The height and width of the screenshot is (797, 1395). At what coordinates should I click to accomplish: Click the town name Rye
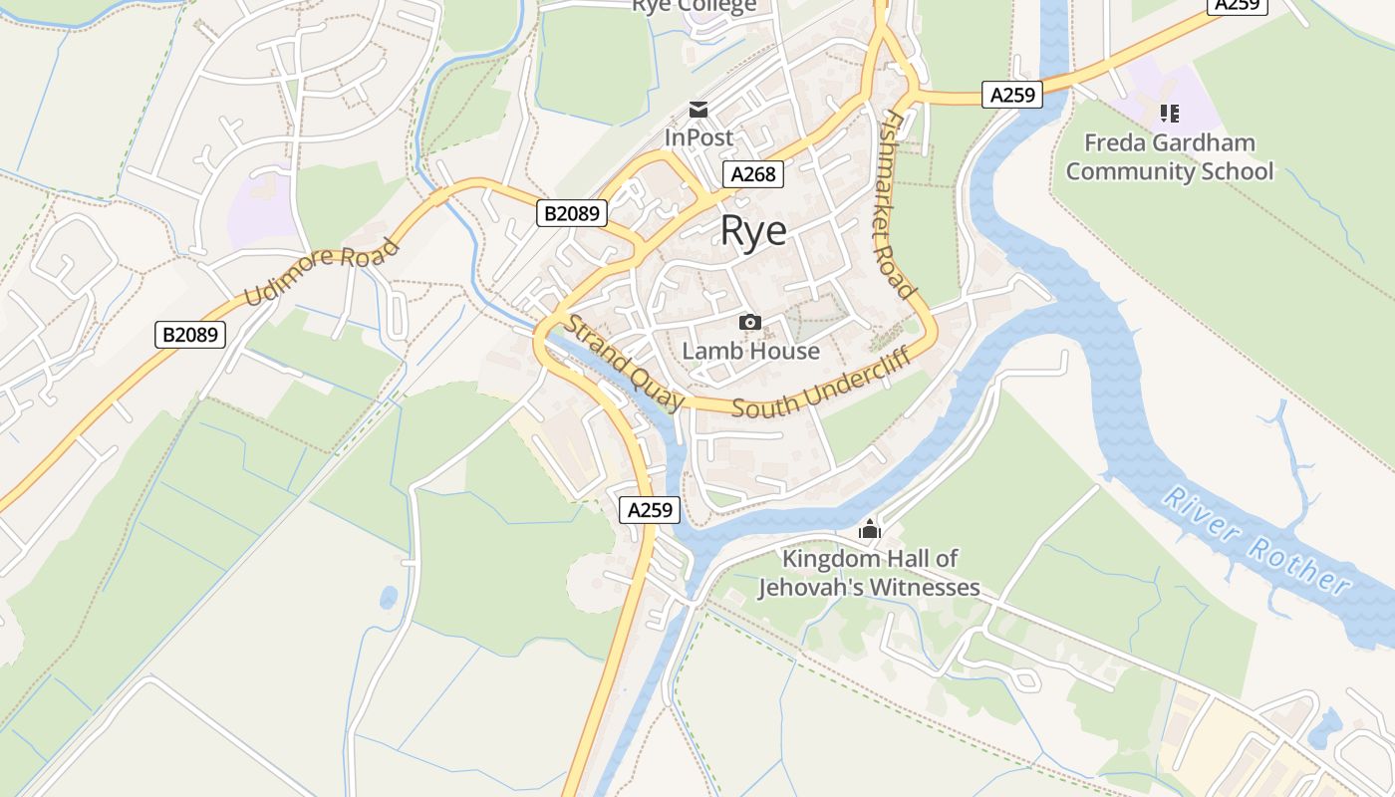[x=753, y=231]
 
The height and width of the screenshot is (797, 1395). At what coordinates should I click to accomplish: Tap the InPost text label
[x=698, y=137]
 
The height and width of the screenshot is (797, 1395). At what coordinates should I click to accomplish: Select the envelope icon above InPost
[x=698, y=110]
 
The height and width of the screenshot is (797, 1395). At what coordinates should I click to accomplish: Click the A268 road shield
[x=752, y=174]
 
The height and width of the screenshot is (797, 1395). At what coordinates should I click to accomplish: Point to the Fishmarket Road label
[x=898, y=203]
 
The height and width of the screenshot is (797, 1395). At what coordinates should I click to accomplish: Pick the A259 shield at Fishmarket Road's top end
[x=1011, y=95]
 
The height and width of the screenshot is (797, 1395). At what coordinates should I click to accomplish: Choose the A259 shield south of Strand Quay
[x=650, y=510]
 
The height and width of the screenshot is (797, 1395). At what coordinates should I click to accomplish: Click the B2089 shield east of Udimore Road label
[x=572, y=212]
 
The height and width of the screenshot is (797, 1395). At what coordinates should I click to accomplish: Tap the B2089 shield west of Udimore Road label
[x=190, y=335]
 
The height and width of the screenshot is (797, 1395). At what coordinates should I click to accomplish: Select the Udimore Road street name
[x=321, y=271]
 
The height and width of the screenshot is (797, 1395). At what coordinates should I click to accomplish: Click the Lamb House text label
[x=750, y=351]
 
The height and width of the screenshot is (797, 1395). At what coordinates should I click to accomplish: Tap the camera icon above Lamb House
[x=750, y=322]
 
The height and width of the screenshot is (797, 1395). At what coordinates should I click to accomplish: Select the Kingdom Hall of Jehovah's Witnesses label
[x=869, y=573]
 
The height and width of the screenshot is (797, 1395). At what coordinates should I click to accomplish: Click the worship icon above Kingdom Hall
[x=870, y=529]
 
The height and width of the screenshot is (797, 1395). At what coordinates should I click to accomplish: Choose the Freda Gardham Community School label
[x=1169, y=157]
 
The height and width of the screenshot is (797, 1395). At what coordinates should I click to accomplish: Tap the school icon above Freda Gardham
[x=1169, y=114]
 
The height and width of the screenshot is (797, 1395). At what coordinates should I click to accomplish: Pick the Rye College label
[x=694, y=6]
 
